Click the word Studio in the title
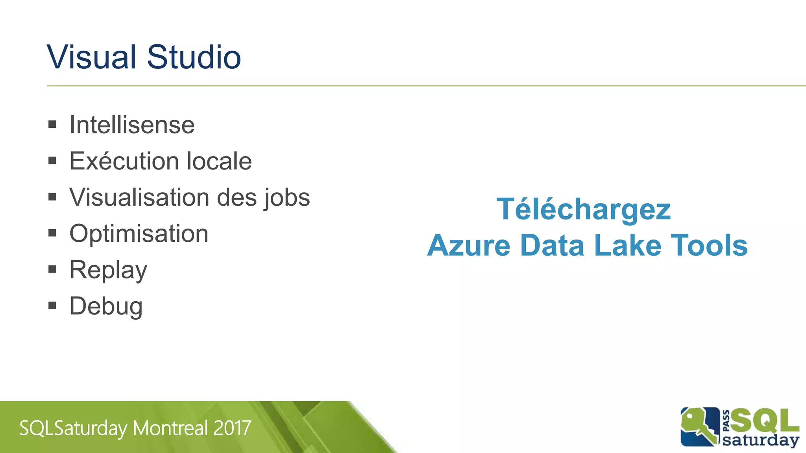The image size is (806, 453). [x=194, y=57]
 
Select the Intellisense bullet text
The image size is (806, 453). [x=132, y=125]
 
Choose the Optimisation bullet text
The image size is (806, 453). [x=139, y=234]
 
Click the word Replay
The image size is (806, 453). [x=108, y=270]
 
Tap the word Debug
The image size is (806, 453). [x=106, y=306]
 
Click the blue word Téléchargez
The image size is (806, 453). [x=584, y=209]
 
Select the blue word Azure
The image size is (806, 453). [x=469, y=245]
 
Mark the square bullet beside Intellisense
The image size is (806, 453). [x=52, y=125]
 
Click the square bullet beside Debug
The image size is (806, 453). [x=52, y=306]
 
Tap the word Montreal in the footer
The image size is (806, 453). [x=170, y=428]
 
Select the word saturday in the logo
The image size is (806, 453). [x=760, y=440]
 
